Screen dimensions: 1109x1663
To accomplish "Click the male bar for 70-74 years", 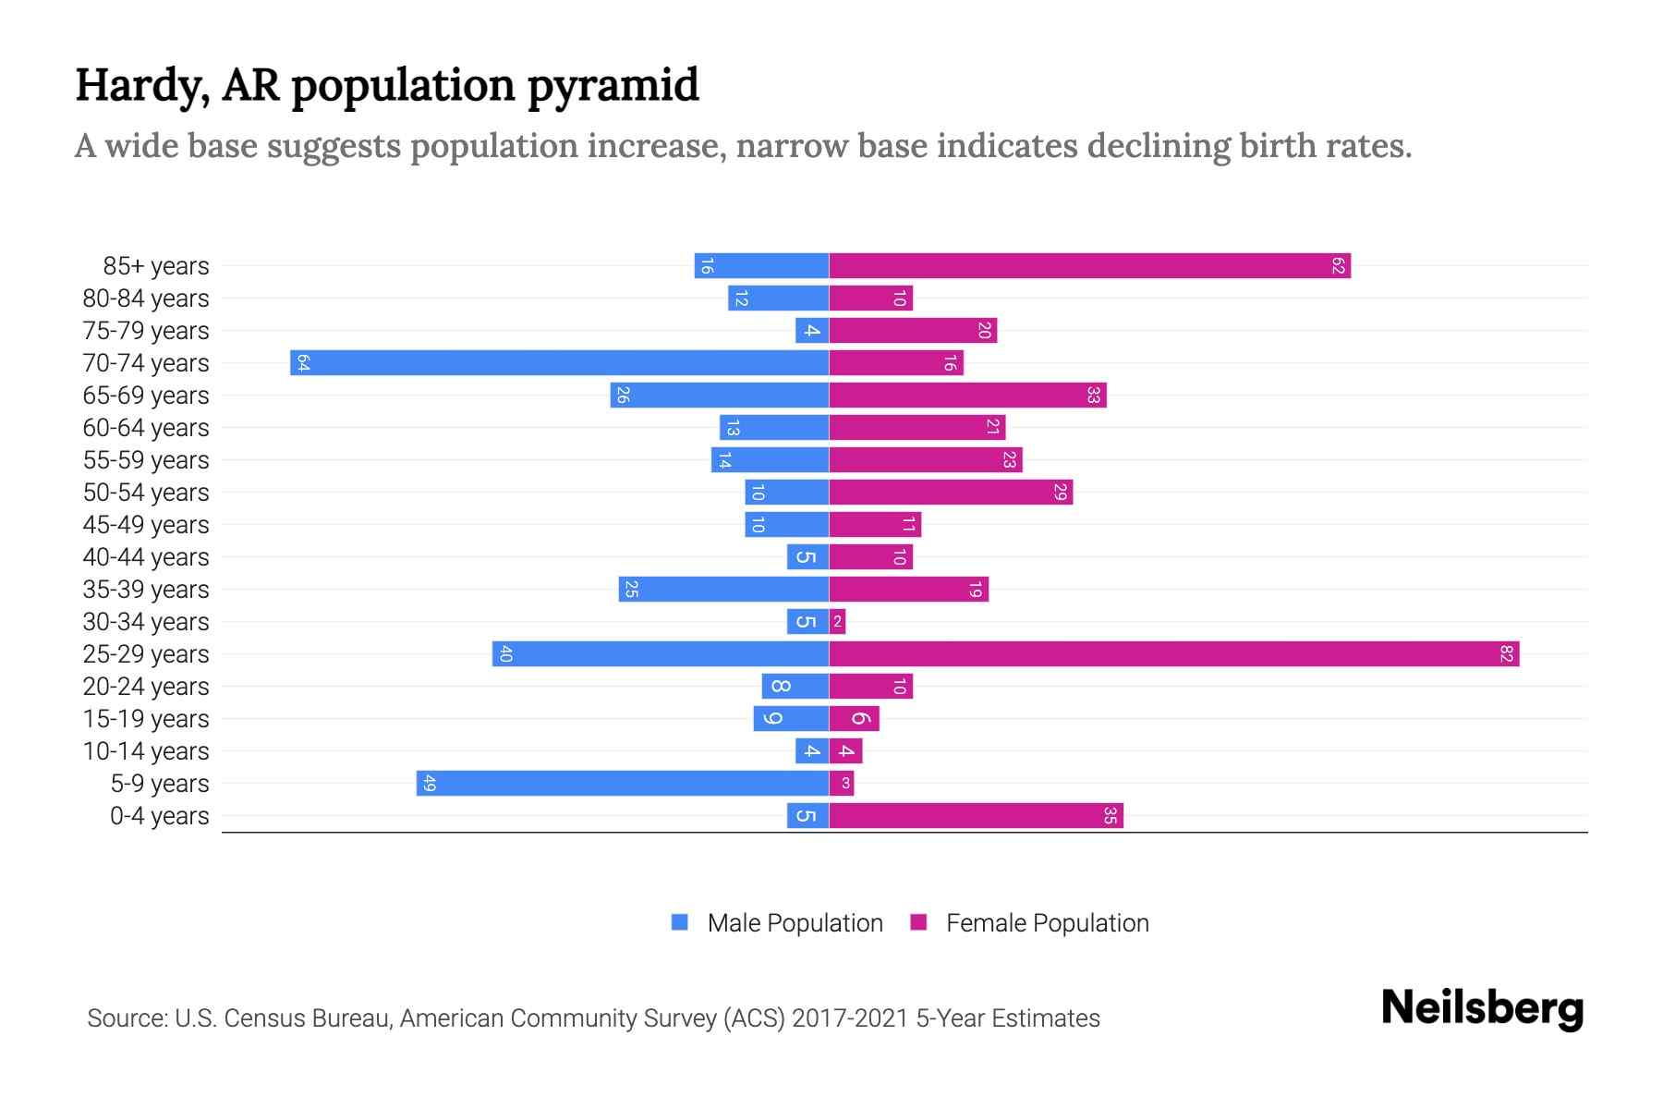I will pos(559,363).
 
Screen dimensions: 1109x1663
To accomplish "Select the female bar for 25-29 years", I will pos(1173,654).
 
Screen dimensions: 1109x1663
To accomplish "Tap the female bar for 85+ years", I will pos(1090,266).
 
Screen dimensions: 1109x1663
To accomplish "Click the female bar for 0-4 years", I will pos(976,816).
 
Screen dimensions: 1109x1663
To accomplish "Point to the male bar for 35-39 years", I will pos(723,590).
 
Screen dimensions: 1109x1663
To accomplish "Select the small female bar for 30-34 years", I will pos(837,622).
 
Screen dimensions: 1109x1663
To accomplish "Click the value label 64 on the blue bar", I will pos(303,363).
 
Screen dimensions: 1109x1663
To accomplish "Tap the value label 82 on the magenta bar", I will pos(1507,654).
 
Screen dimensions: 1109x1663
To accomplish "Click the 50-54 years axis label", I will pos(146,493).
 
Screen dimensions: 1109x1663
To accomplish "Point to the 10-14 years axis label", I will pos(146,751).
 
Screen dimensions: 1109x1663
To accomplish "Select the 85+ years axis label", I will pos(156,266).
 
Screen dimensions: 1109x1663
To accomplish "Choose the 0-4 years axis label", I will pos(159,816).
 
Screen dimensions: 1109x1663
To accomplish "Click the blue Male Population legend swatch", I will pos(680,922).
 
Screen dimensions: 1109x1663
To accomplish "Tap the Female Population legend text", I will pos(1047,923).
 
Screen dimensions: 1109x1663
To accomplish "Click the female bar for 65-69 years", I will pos(967,396).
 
